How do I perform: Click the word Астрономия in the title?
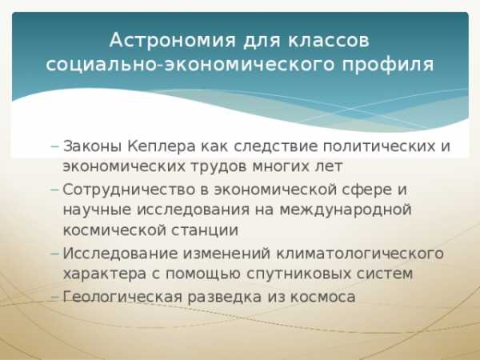pyautogui.click(x=173, y=40)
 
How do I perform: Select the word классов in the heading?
pyautogui.click(x=329, y=40)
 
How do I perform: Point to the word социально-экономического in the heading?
pyautogui.click(x=190, y=65)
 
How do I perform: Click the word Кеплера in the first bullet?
pyautogui.click(x=162, y=146)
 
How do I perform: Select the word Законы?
pyautogui.click(x=93, y=146)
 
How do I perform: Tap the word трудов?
pyautogui.click(x=219, y=167)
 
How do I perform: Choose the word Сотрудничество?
pyautogui.click(x=129, y=190)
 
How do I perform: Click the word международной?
pyautogui.click(x=346, y=210)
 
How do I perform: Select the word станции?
pyautogui.click(x=204, y=230)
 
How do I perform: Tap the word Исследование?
pyautogui.click(x=121, y=254)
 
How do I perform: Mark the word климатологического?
pyautogui.click(x=360, y=254)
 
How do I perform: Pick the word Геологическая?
pyautogui.click(x=122, y=297)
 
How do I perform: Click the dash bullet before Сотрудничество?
pyautogui.click(x=54, y=190)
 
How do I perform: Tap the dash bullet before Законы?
pyautogui.click(x=54, y=146)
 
